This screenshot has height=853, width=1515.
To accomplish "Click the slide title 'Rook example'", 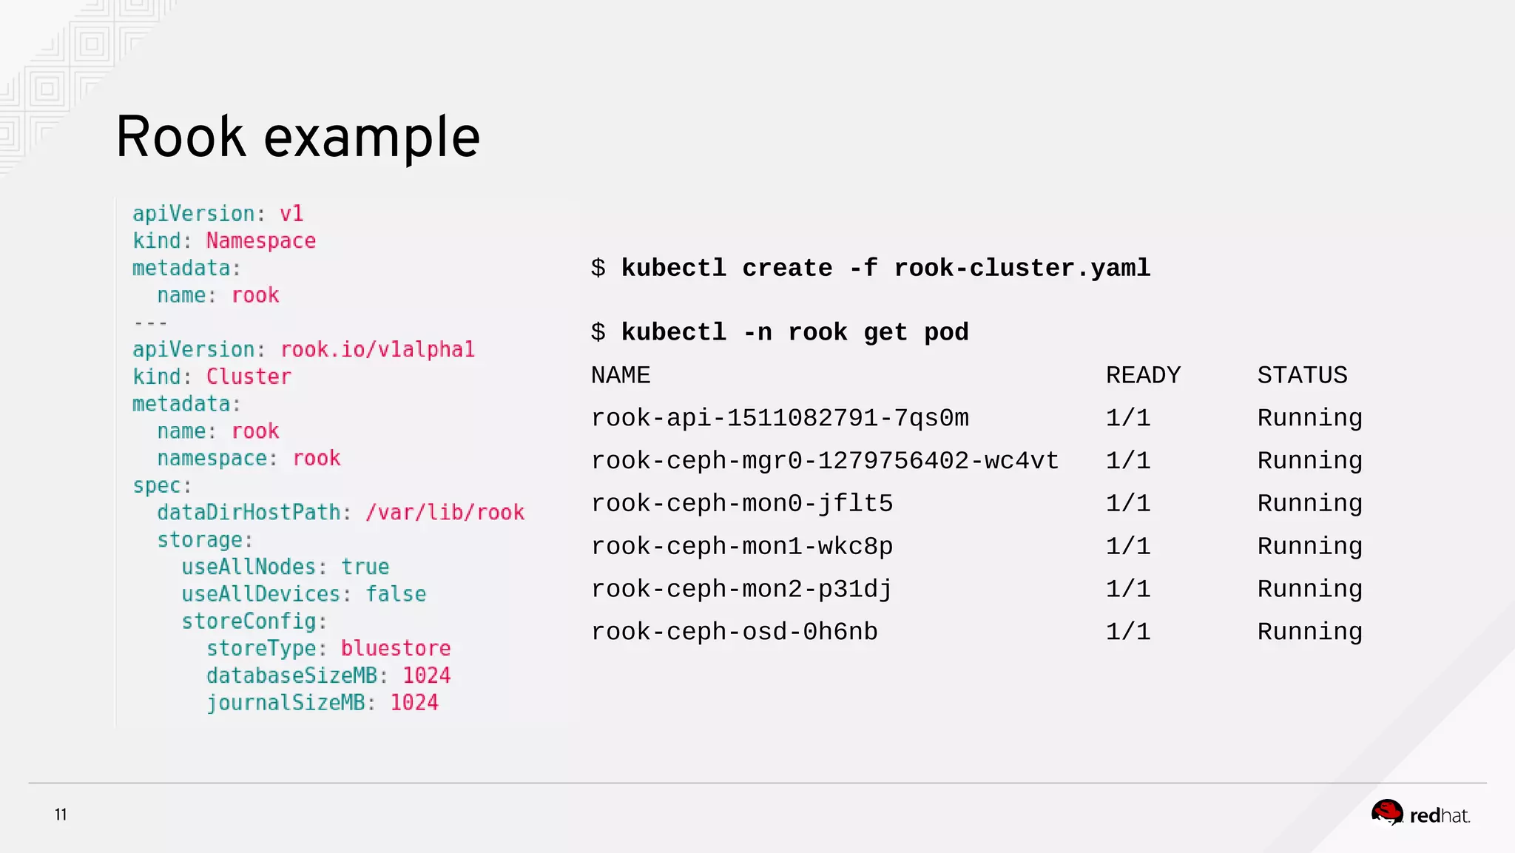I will [x=298, y=138].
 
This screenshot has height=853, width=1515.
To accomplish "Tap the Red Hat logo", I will [x=1420, y=814].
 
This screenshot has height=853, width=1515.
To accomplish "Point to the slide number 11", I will [x=61, y=815].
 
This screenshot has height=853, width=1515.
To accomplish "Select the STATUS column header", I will [x=1302, y=376].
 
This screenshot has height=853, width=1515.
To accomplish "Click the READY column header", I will [x=1143, y=376].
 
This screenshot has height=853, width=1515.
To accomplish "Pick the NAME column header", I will [x=621, y=376].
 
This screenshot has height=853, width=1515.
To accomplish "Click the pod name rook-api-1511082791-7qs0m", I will [x=780, y=419].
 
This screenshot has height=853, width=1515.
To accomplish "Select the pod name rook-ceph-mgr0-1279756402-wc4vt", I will [x=825, y=462].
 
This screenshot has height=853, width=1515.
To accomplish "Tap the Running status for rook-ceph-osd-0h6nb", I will [x=1309, y=633].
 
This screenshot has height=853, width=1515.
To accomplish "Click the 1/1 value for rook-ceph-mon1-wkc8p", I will [x=1128, y=547].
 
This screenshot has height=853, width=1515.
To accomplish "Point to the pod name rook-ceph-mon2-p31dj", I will [x=741, y=590].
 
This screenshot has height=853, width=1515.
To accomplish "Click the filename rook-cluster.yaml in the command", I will [x=1022, y=269].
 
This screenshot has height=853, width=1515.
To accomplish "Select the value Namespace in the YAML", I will [x=260, y=241].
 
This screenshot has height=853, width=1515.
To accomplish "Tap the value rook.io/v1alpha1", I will [x=377, y=350].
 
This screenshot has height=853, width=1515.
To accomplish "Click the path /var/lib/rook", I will [x=445, y=513].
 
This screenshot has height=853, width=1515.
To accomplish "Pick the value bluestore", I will [x=395, y=649].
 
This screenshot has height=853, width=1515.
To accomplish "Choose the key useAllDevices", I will [x=261, y=594].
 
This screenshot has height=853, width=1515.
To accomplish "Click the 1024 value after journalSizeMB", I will [x=414, y=703].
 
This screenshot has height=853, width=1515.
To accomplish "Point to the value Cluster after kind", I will [x=249, y=377].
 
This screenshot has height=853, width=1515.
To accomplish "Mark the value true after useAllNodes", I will [x=365, y=567].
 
